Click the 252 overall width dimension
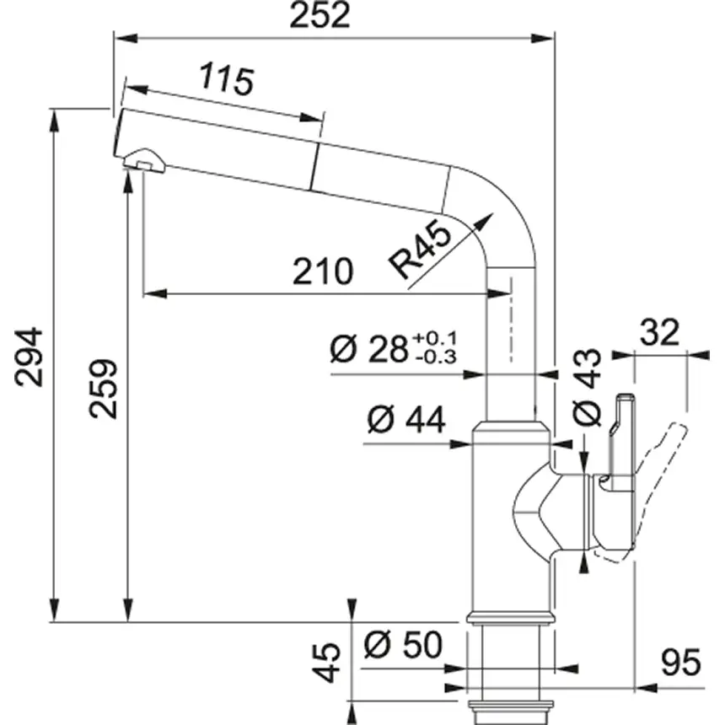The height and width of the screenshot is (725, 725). point(319,16)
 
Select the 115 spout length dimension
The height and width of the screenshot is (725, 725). point(226,80)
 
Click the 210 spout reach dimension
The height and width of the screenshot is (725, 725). point(322,271)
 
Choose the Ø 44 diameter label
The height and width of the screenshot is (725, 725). point(406,420)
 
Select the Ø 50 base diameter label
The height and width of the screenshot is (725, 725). point(402,646)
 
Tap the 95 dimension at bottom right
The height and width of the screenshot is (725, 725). point(680,663)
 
